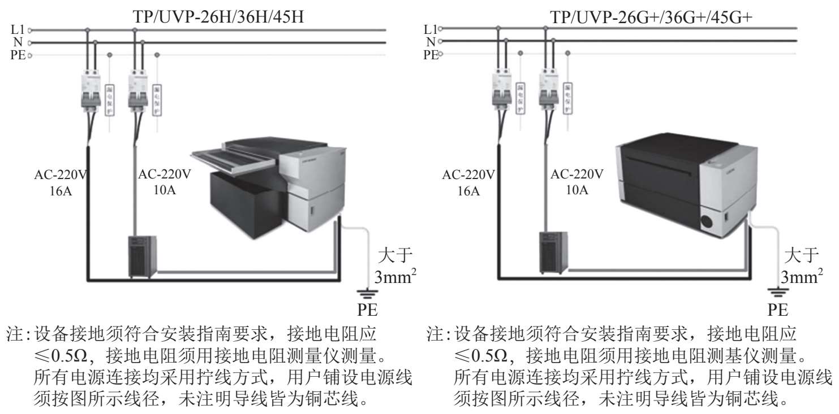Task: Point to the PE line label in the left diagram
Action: pos(19,55)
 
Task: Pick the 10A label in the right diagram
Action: pos(577,190)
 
